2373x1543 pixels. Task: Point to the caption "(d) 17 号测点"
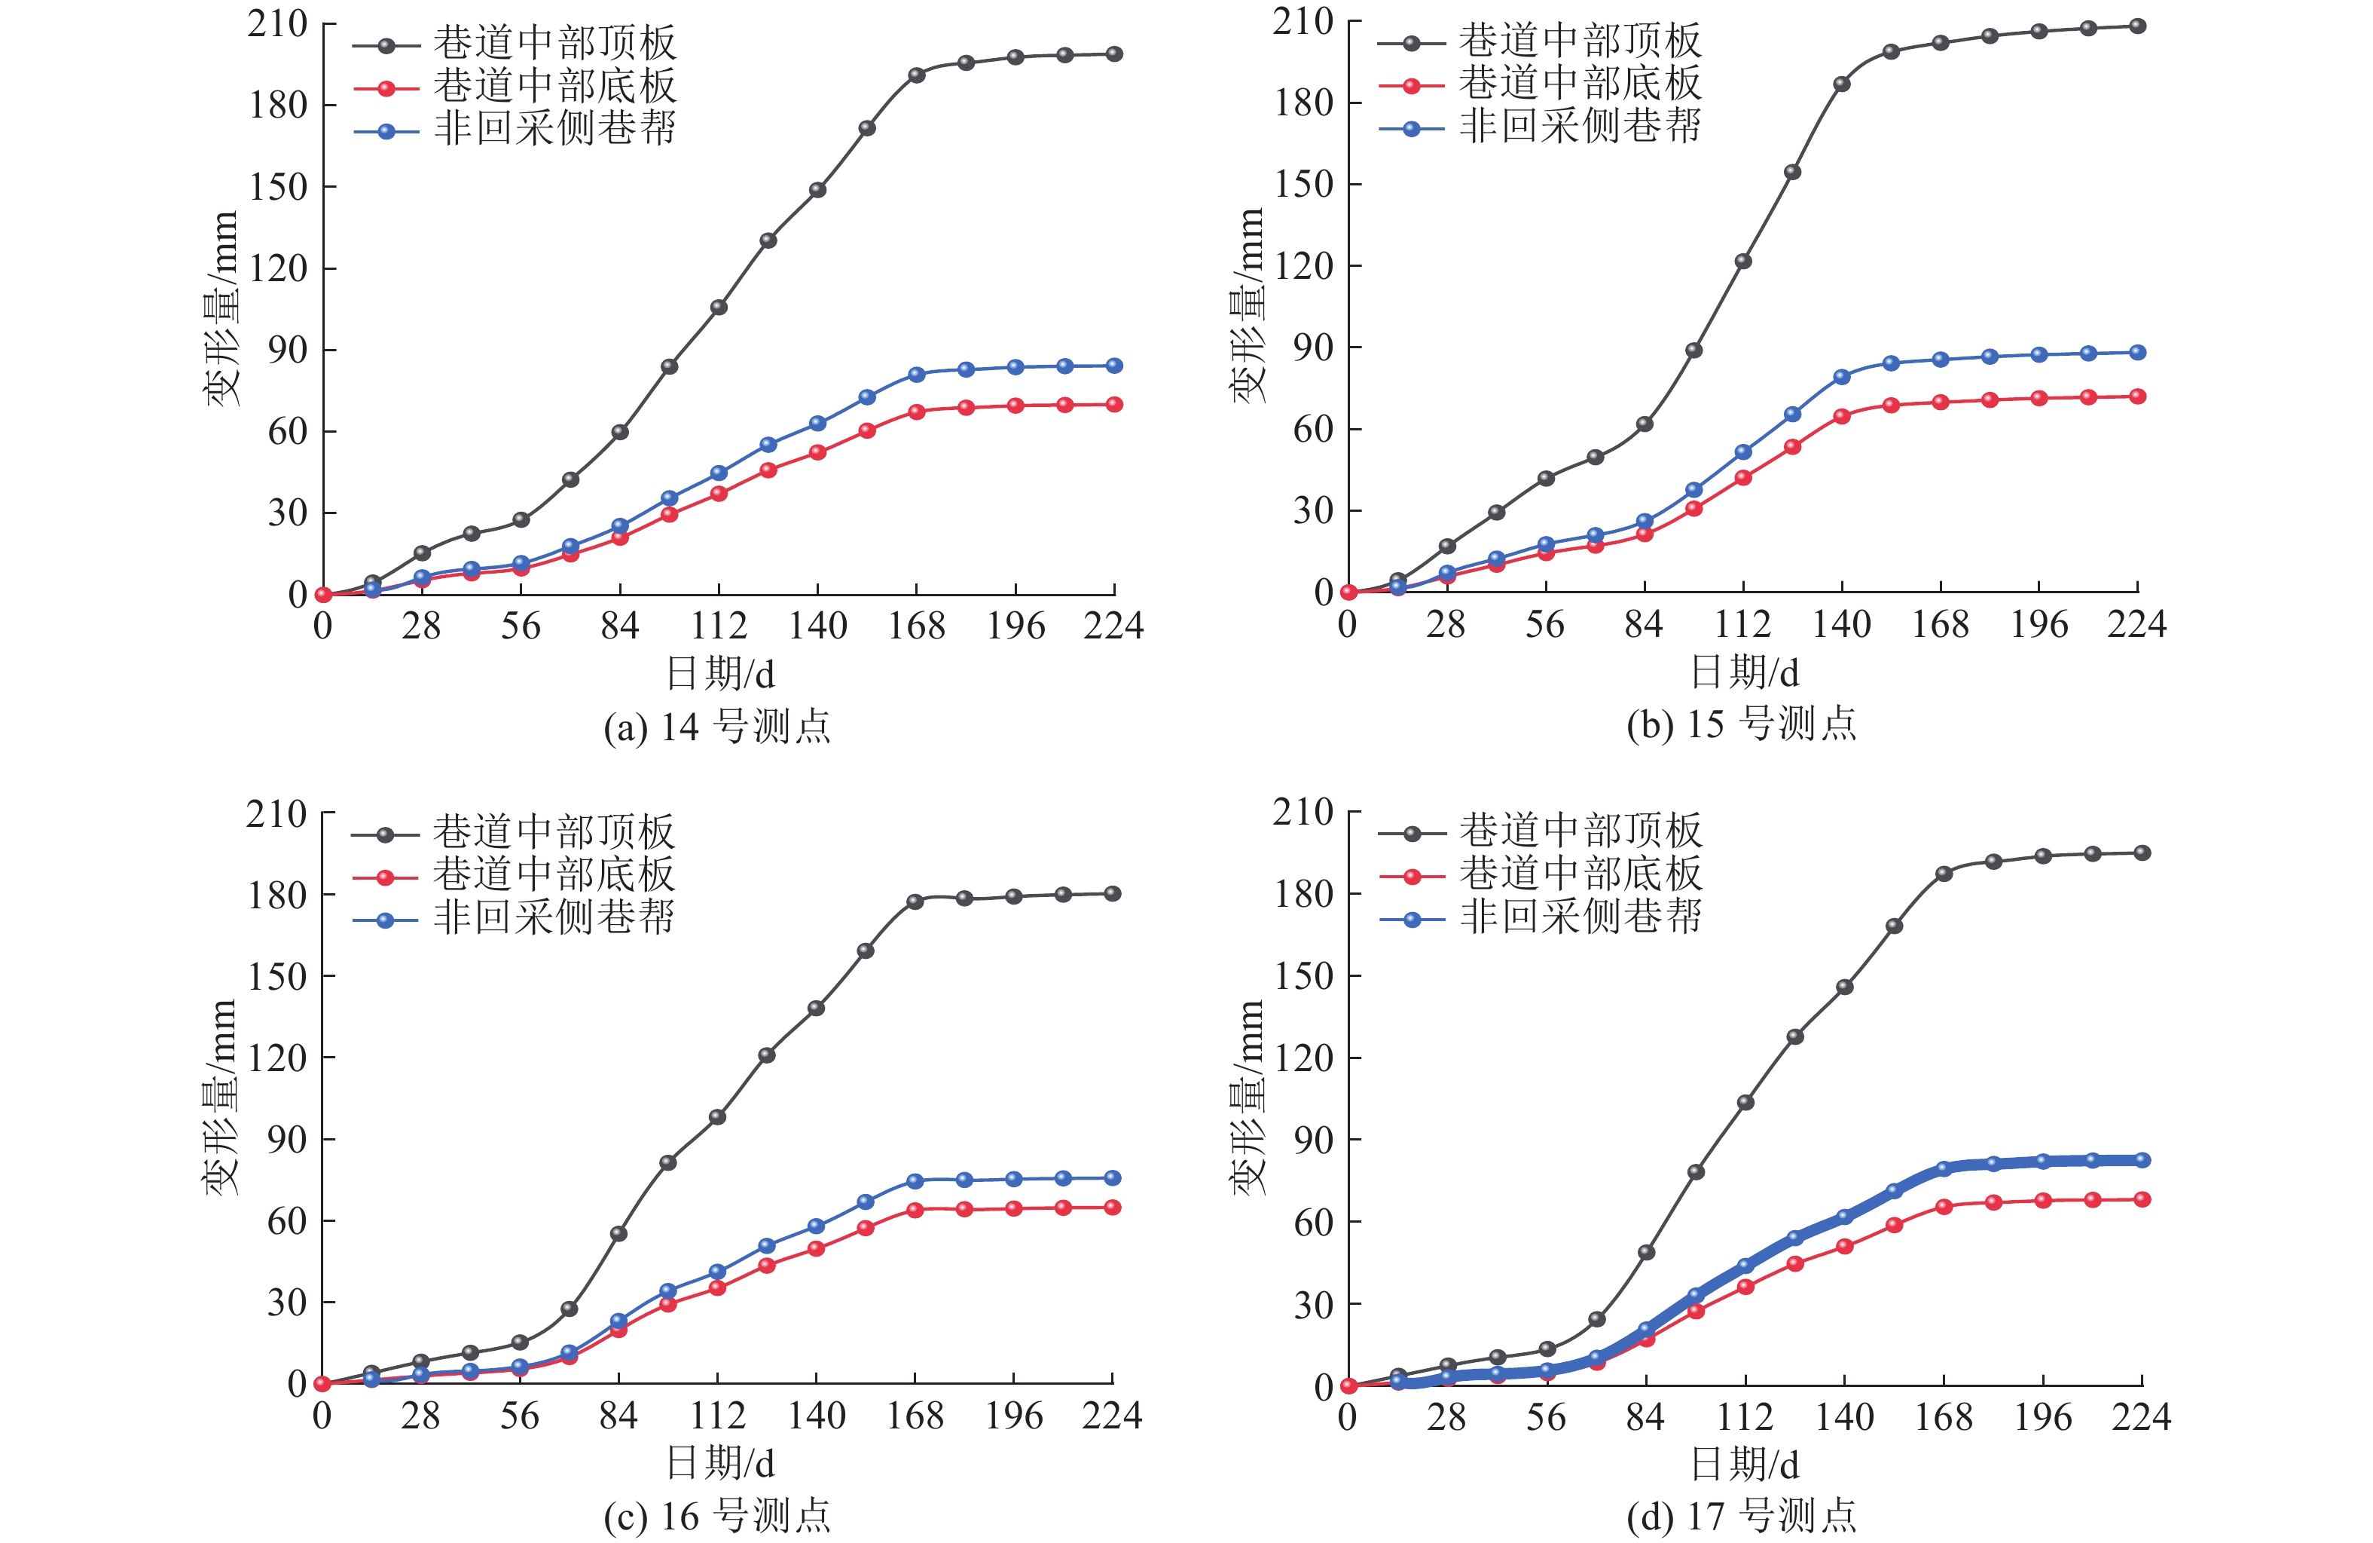1741,1516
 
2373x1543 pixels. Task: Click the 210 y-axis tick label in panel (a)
277,24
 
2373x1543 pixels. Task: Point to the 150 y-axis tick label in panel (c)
276,976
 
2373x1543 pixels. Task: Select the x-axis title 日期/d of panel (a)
720,674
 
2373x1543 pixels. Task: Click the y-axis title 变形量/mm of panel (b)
1248,305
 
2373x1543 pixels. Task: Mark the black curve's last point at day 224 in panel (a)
1113,54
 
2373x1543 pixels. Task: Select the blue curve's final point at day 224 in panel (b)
2138,353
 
